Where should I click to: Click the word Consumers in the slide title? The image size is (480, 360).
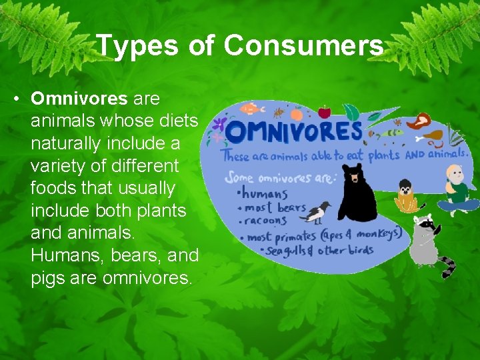[303, 46]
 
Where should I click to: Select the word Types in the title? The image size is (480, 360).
[137, 46]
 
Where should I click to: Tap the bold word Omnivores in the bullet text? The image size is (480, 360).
[79, 99]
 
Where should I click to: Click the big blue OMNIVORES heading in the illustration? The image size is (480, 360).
[294, 131]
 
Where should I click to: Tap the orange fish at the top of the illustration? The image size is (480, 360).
[249, 109]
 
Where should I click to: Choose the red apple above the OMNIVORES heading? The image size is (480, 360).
[325, 111]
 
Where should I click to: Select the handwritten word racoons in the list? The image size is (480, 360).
[267, 221]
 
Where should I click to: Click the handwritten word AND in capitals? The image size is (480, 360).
[415, 154]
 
